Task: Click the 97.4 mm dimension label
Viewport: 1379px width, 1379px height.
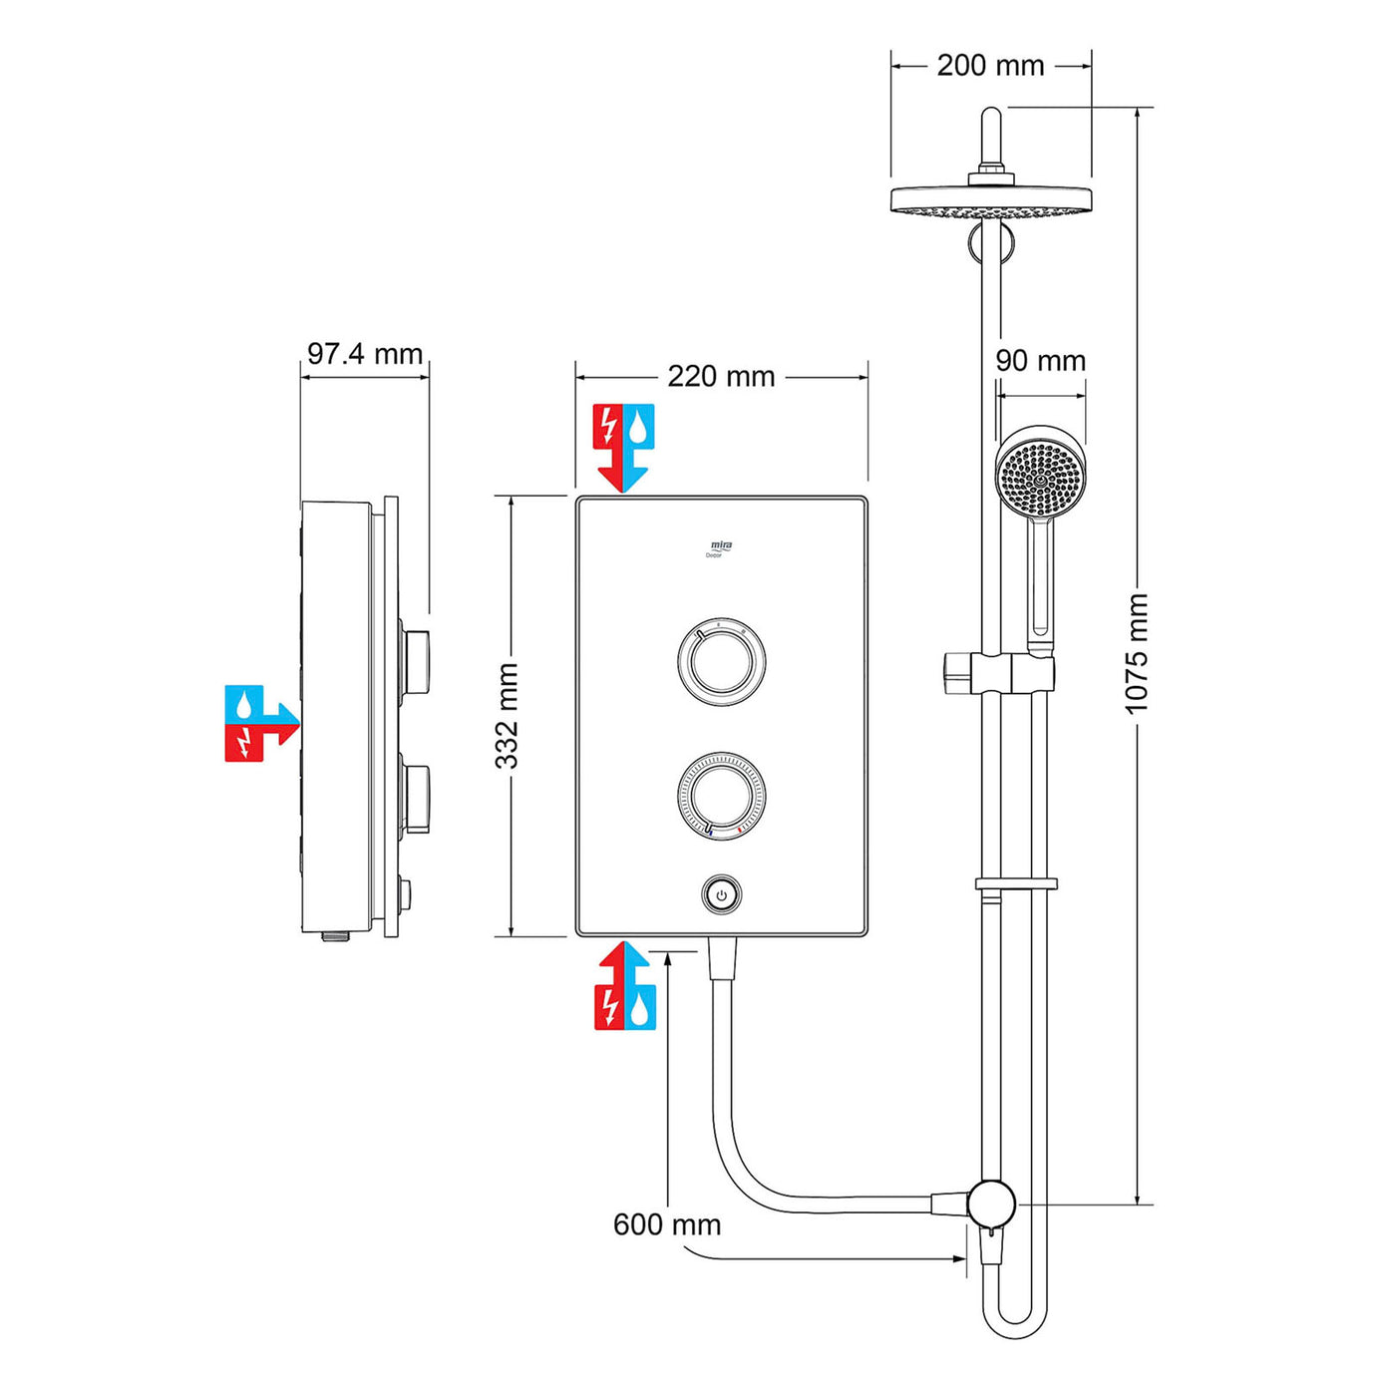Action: (364, 354)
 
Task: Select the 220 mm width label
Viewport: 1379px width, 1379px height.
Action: (721, 377)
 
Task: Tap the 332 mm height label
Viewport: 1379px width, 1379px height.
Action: (508, 716)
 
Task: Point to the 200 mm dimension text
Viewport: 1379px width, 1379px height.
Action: (990, 66)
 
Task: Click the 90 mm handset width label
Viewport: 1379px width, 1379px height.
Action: (1040, 361)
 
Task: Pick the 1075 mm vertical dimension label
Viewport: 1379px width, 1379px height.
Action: (1137, 654)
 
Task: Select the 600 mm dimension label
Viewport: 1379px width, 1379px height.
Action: (667, 1224)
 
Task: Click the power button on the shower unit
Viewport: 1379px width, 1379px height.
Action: (721, 895)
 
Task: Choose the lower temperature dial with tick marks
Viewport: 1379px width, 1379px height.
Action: (721, 796)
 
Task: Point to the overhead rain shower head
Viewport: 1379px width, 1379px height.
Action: (990, 198)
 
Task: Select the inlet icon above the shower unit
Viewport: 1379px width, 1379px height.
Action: (623, 447)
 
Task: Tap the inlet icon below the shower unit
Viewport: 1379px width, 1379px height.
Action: (625, 986)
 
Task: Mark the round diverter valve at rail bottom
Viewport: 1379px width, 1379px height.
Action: (991, 1204)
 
